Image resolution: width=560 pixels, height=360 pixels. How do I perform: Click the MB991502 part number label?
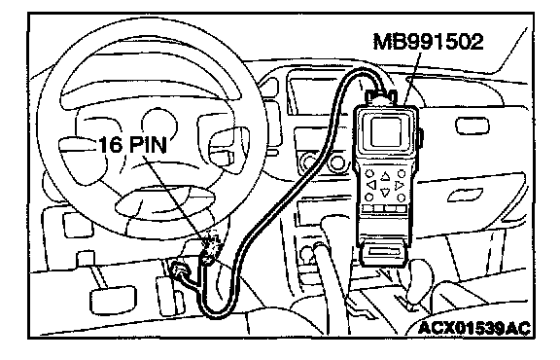pyautogui.click(x=428, y=42)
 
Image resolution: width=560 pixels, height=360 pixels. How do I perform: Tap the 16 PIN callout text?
pyautogui.click(x=132, y=145)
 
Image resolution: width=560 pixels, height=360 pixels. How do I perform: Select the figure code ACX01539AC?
pyautogui.click(x=473, y=328)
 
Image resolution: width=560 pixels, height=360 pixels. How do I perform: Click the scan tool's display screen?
pyautogui.click(x=386, y=132)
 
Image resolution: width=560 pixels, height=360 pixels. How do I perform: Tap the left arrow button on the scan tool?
pyautogui.click(x=371, y=185)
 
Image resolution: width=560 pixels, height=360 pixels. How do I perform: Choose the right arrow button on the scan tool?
pyautogui.click(x=399, y=185)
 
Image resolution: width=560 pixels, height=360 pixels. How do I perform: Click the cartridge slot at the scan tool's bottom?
pyautogui.click(x=385, y=252)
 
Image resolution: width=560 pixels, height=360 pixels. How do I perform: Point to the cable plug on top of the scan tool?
pyautogui.click(x=381, y=97)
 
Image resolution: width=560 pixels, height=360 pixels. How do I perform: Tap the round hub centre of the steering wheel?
pyautogui.click(x=159, y=124)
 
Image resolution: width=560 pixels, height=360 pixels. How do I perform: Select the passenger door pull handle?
pyautogui.click(x=465, y=194)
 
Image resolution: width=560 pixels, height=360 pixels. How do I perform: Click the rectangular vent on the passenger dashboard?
pyautogui.click(x=472, y=126)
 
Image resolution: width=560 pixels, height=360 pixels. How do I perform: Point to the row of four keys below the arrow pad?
pyautogui.click(x=385, y=208)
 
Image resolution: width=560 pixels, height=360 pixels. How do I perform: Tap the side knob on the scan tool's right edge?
pyautogui.click(x=421, y=139)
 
